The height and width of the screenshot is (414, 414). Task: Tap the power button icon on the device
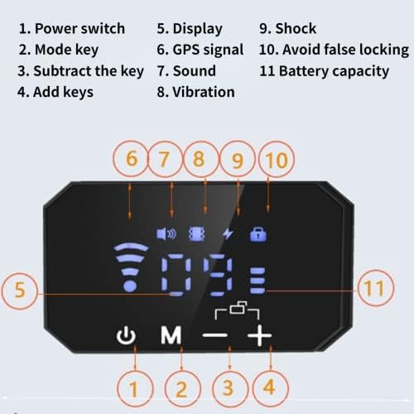[x=126, y=335]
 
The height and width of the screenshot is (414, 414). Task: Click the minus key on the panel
[x=215, y=335]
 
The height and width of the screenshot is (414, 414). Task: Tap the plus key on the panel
[x=259, y=335]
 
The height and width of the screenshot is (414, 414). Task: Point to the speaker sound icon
[x=166, y=234]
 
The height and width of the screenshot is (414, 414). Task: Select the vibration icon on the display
[x=196, y=234]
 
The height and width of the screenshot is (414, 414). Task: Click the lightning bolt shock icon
[x=228, y=234]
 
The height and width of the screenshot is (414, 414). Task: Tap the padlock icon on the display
[x=258, y=234]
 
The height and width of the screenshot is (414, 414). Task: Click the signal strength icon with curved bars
[x=130, y=267]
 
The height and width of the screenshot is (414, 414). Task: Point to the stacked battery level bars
[x=258, y=280]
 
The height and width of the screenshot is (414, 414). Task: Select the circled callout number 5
[x=20, y=291]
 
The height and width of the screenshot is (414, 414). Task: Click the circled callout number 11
[x=374, y=288]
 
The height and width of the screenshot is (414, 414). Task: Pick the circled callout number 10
[x=277, y=160]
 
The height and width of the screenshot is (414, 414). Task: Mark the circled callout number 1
[x=134, y=389]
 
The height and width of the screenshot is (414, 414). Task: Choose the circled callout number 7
[x=165, y=159]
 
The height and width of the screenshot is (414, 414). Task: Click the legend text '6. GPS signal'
[x=200, y=50]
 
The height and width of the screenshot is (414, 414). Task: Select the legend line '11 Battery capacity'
[x=325, y=71]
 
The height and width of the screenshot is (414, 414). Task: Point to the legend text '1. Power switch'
[x=72, y=29]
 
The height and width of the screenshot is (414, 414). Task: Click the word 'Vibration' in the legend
[x=204, y=92]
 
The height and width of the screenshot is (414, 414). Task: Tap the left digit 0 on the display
[x=176, y=276]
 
